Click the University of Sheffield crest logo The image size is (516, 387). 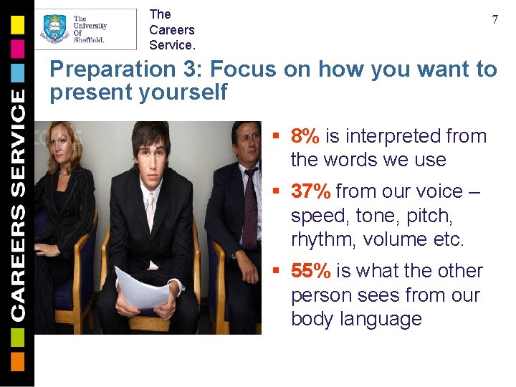55,29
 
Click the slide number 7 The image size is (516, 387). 494,20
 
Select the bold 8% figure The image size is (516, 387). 306,136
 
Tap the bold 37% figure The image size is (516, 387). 311,191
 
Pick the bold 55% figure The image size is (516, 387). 311,271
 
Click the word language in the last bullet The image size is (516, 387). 386,319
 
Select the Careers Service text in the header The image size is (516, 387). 172,29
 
